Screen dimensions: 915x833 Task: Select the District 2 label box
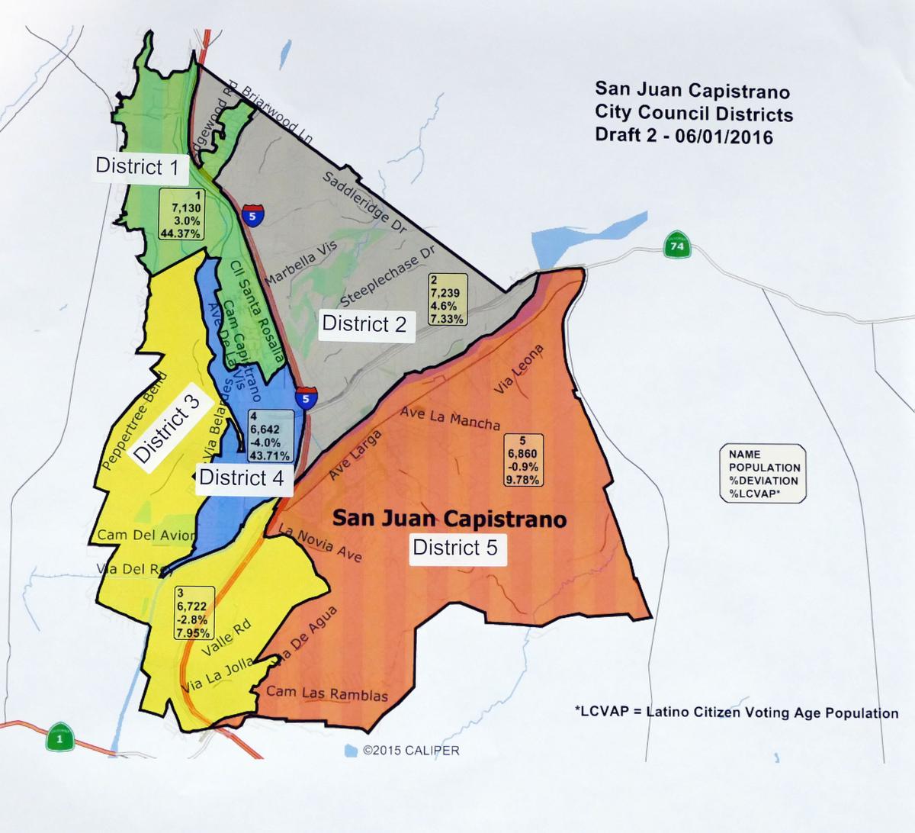point(364,324)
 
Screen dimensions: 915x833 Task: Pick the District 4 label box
point(242,478)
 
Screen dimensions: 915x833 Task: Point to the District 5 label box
point(457,548)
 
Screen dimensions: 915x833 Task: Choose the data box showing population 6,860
point(523,460)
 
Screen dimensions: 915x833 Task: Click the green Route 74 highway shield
point(674,246)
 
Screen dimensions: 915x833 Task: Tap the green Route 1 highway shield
point(59,738)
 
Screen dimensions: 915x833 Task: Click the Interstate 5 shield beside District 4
point(307,397)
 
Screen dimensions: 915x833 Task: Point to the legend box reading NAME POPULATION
point(763,474)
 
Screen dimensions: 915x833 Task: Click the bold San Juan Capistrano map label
point(449,520)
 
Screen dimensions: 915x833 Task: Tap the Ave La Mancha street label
point(450,417)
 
